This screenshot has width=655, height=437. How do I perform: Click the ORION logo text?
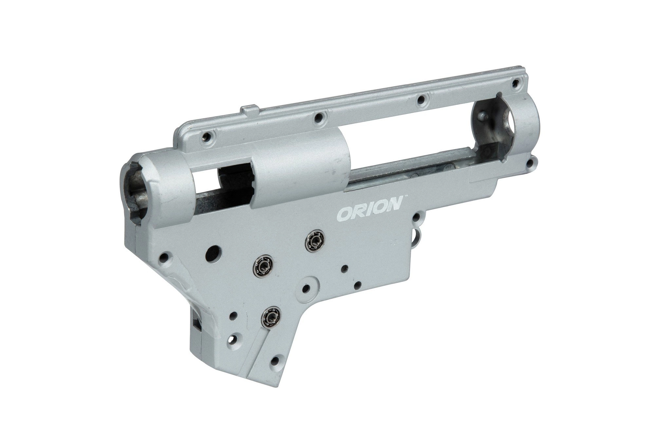pyautogui.click(x=369, y=213)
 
